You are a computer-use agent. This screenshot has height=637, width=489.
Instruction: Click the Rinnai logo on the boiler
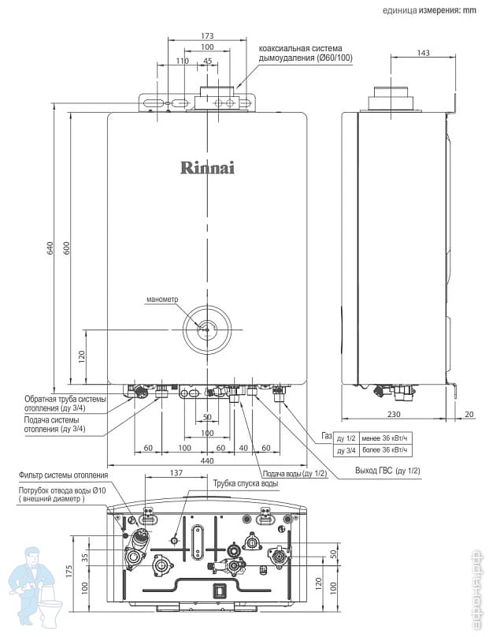click(207, 167)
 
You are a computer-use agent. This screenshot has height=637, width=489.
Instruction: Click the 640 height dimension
click(49, 248)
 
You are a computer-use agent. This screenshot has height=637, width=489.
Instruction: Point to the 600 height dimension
click(67, 248)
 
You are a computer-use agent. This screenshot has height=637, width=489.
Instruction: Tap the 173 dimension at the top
click(207, 36)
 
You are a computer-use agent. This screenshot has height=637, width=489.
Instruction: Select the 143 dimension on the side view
click(424, 53)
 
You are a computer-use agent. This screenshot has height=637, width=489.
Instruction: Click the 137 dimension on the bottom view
click(176, 473)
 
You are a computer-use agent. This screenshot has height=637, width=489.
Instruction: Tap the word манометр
click(163, 300)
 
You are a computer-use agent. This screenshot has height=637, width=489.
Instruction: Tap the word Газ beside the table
click(326, 436)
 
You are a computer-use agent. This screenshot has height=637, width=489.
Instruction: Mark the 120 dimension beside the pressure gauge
click(82, 356)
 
